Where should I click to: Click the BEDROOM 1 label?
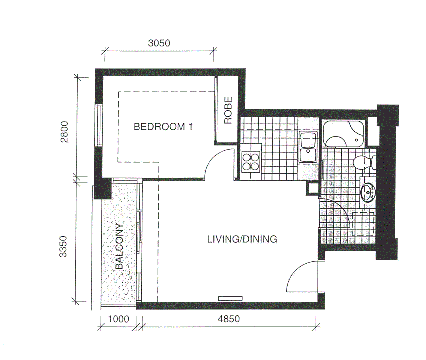coord(163,127)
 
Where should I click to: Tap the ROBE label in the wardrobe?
coord(228,110)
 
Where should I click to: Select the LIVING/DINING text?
coord(242,239)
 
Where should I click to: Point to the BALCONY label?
coord(119,246)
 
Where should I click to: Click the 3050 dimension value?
coord(159,43)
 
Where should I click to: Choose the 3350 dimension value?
coord(63,246)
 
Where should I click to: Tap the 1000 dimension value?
coord(119,319)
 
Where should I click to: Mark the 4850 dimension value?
coord(229,319)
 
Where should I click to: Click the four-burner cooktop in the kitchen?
coord(251,161)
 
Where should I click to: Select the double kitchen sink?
coord(309,147)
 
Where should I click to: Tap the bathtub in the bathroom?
coord(343,134)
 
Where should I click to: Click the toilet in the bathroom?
coord(363,162)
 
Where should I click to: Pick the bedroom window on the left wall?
coord(99,125)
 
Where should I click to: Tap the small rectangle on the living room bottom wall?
coord(230,298)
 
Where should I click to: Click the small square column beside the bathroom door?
coord(313,189)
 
